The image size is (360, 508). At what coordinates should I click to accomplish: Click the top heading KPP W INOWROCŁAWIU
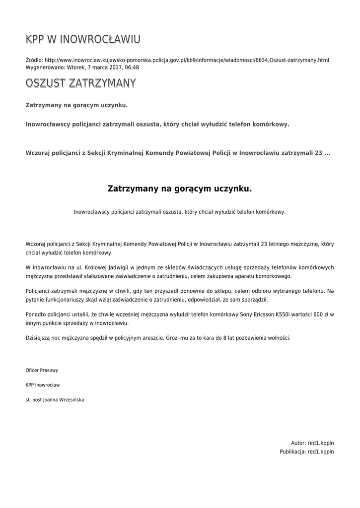pyautogui.click(x=83, y=39)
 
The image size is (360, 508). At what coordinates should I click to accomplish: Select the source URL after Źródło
pyautogui.click(x=187, y=60)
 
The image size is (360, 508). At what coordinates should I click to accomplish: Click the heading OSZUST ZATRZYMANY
pyautogui.click(x=80, y=83)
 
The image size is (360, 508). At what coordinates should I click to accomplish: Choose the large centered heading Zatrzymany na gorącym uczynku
pyautogui.click(x=180, y=189)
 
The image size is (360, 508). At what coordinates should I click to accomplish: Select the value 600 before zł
pyautogui.click(x=315, y=315)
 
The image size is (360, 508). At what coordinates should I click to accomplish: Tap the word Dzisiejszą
pyautogui.click(x=39, y=338)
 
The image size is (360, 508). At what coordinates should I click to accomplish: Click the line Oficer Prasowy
pyautogui.click(x=42, y=370)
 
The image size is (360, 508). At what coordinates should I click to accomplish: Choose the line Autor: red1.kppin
pyautogui.click(x=312, y=443)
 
